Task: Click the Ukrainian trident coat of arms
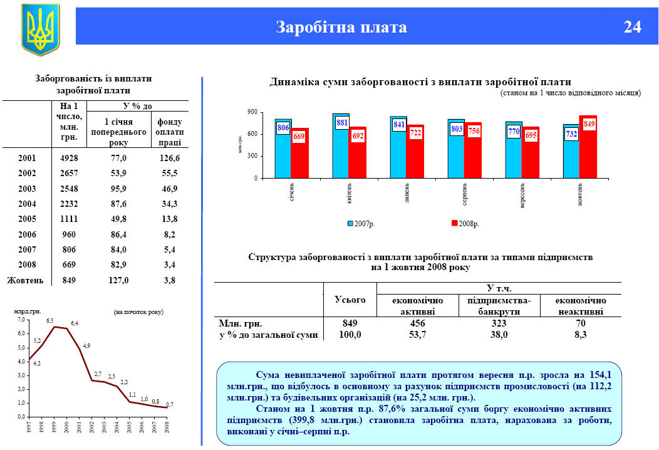40,28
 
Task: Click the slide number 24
632,28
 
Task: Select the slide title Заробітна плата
341,28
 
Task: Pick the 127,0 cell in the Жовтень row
118,280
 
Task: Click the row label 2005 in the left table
26,219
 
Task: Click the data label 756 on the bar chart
473,131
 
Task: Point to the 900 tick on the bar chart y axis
252,112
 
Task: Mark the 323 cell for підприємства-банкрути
499,323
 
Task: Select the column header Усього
350,300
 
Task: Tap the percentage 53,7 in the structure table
417,335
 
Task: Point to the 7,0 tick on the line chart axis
21,320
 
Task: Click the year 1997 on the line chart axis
29,429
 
